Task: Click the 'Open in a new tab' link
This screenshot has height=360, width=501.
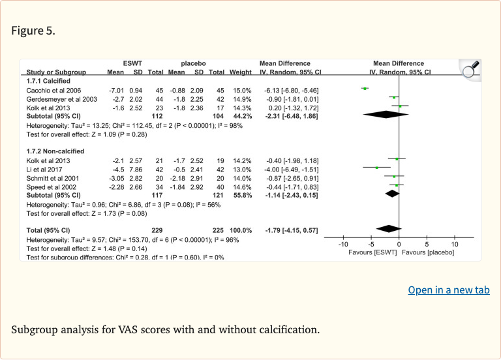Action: (x=448, y=290)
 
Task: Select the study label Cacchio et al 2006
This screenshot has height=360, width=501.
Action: (x=54, y=89)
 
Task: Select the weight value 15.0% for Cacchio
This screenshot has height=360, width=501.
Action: (x=241, y=89)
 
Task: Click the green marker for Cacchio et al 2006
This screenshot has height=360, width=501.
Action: (x=365, y=89)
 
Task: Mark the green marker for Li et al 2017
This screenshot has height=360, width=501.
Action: (x=376, y=168)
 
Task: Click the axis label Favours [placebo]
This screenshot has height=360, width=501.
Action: (x=428, y=252)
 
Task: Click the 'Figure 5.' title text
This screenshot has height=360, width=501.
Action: (x=33, y=31)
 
